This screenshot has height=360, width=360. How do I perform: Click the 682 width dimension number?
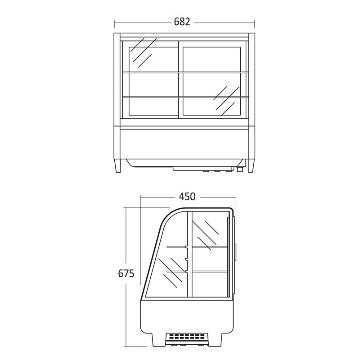pyautogui.click(x=182, y=22)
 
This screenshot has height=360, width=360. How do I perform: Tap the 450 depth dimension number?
pyautogui.click(x=187, y=197)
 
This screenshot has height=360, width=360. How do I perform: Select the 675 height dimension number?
pyautogui.click(x=126, y=274)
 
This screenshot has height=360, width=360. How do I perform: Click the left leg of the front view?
pyautogui.click(x=117, y=165)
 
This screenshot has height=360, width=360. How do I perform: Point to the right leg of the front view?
pyautogui.click(x=251, y=165)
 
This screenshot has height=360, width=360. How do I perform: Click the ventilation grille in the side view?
pyautogui.click(x=186, y=337)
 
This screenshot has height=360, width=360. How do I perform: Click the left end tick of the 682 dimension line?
pyautogui.click(x=115, y=23)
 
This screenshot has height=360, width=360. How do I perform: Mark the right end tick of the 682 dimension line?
pyautogui.click(x=254, y=23)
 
